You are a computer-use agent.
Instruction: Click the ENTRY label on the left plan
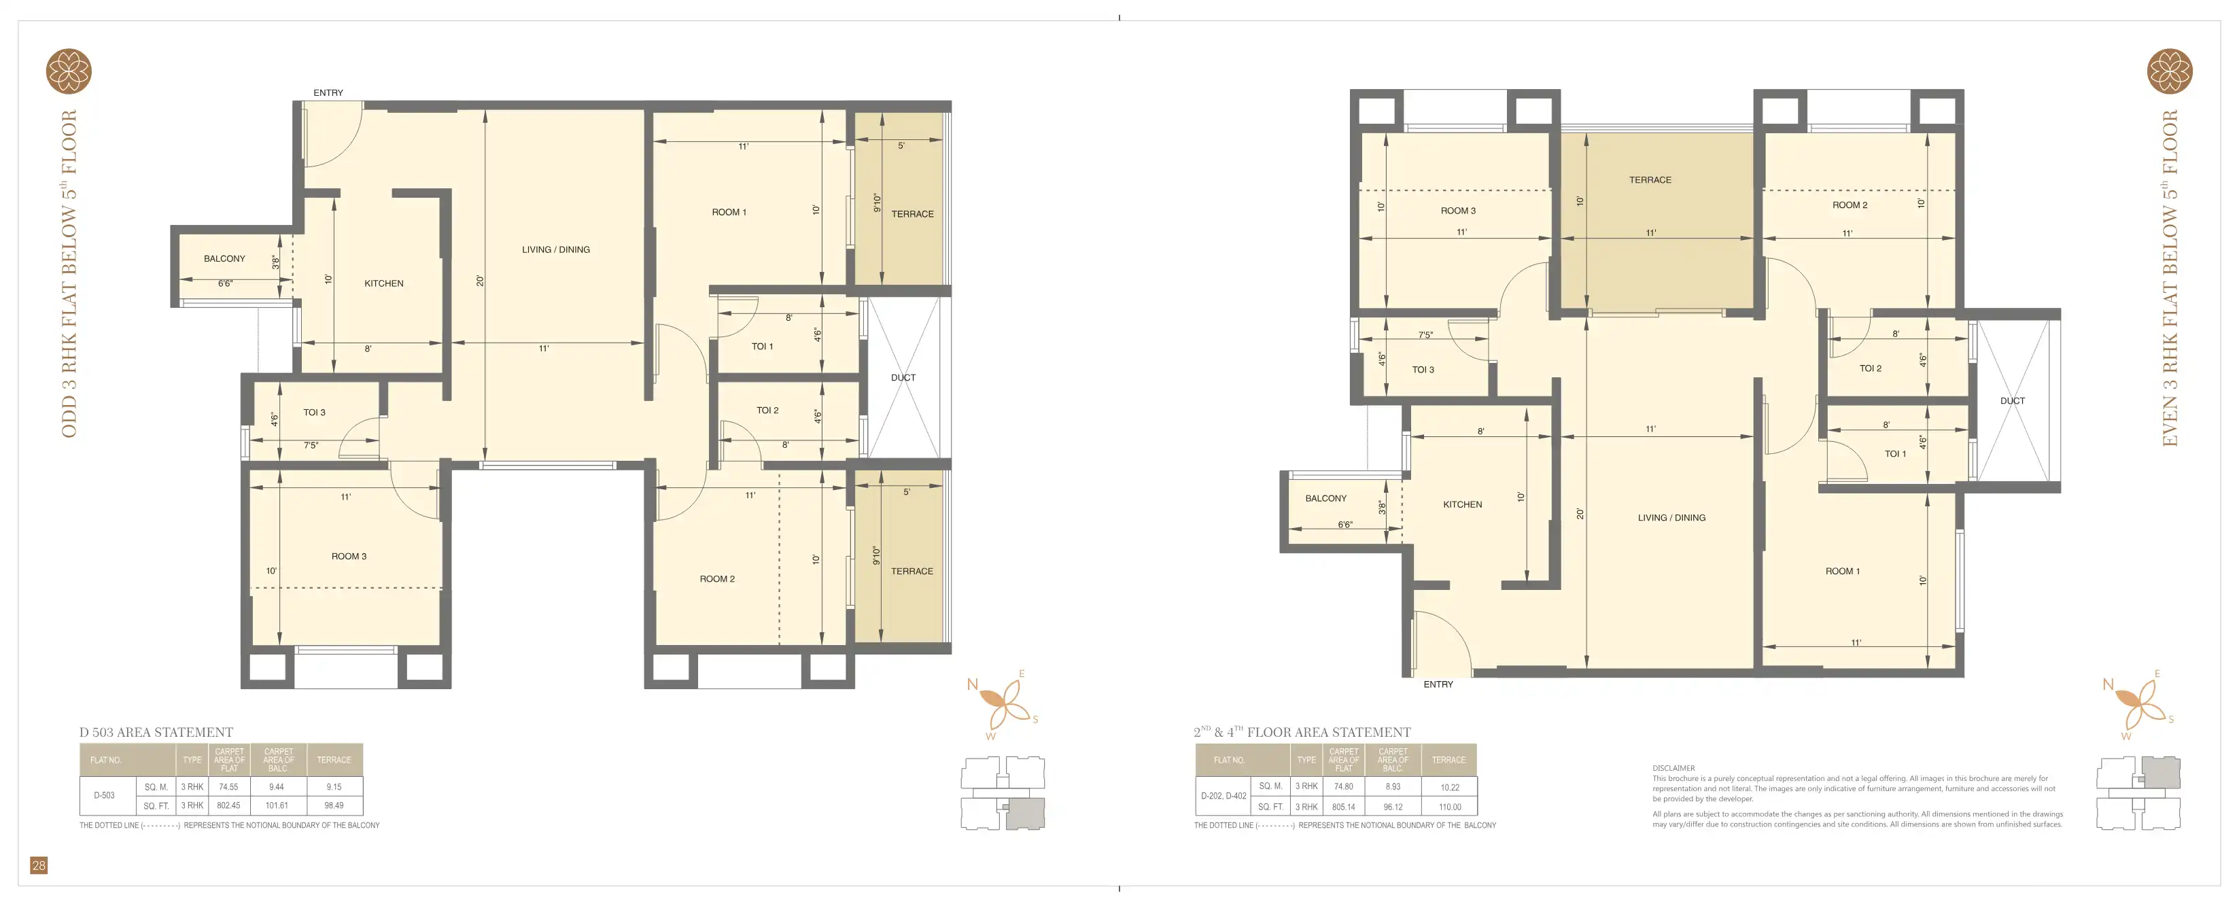328,93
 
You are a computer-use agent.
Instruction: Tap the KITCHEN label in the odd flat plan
383,283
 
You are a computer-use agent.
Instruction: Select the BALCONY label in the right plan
1325,498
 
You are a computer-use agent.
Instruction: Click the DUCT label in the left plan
903,377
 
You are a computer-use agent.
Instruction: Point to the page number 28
38,865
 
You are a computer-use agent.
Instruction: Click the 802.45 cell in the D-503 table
228,805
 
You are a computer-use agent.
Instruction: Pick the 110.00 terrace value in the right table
1450,807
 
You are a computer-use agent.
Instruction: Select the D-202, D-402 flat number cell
1223,796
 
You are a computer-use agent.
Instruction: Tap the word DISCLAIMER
1673,769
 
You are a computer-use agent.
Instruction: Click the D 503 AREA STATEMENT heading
156,732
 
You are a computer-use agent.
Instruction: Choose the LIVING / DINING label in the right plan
1671,517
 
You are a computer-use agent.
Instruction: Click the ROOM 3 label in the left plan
349,557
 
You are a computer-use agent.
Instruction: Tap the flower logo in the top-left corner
69,71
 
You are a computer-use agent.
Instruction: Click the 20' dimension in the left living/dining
480,281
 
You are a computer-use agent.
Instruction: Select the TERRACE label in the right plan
1650,180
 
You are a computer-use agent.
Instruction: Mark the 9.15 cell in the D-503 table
334,787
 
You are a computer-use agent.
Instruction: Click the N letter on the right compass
2108,685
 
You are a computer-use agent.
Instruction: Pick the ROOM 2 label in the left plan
717,579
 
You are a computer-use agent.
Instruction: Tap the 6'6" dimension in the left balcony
225,283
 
